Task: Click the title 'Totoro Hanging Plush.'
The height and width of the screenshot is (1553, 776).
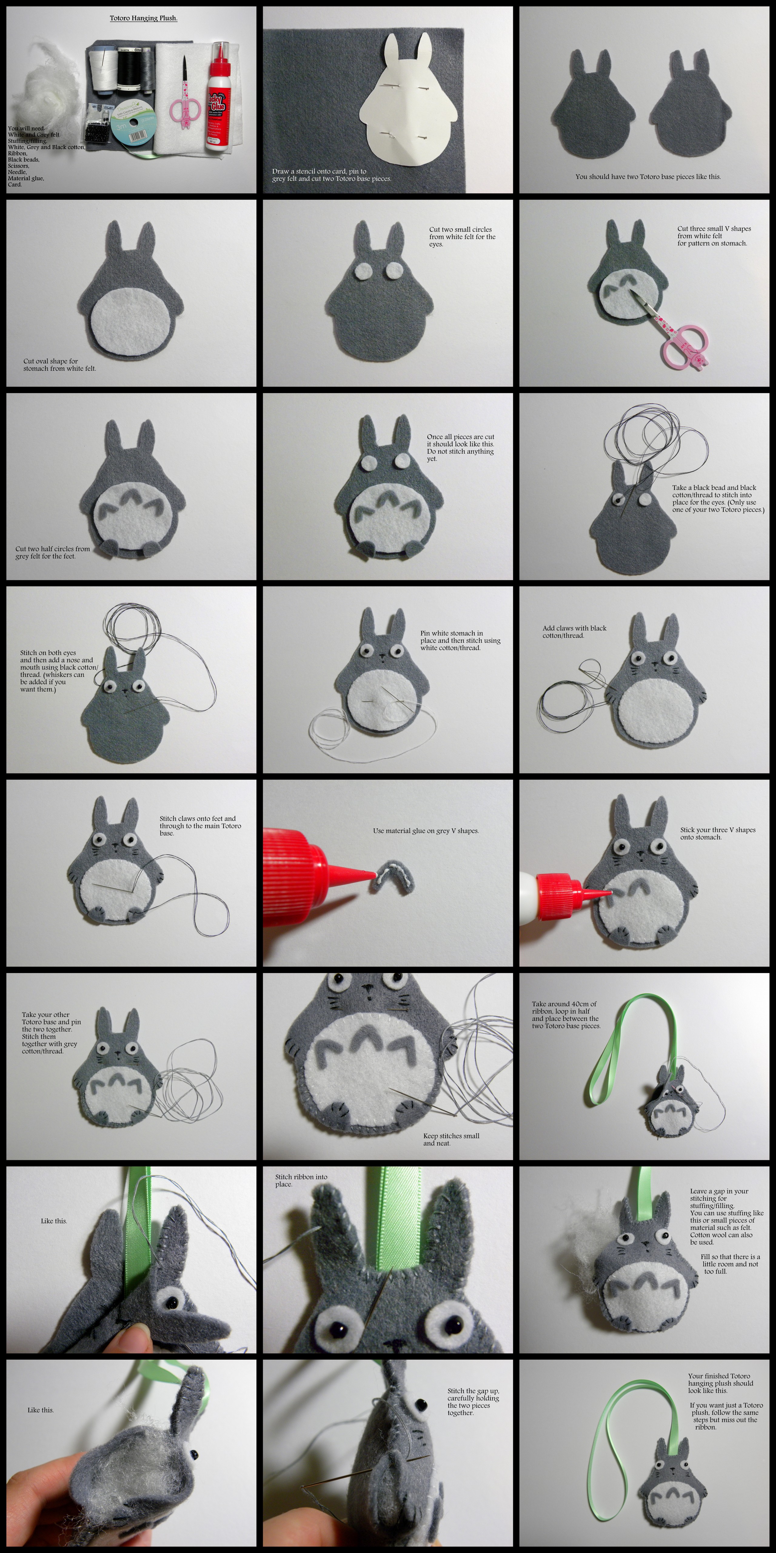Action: pyautogui.click(x=143, y=18)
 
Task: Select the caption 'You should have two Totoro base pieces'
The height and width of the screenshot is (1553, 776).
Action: pyautogui.click(x=648, y=177)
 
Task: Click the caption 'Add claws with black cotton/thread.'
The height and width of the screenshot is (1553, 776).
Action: pyautogui.click(x=574, y=631)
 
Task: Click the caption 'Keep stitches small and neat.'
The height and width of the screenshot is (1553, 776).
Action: pyautogui.click(x=451, y=1139)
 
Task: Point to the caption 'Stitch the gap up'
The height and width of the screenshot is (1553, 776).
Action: pyautogui.click(x=473, y=1402)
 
